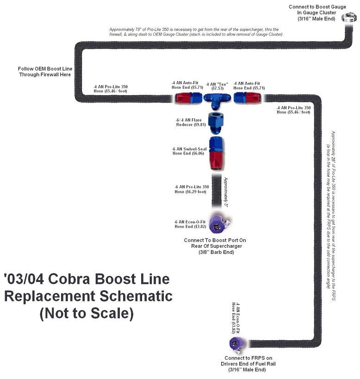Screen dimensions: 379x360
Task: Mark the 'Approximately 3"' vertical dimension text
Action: point(226,192)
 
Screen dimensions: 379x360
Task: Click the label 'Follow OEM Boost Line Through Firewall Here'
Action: point(44,71)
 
